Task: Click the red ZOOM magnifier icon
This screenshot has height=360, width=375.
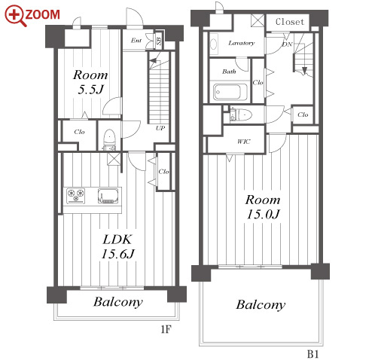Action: point(14,15)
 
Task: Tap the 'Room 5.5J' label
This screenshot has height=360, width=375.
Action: point(90,82)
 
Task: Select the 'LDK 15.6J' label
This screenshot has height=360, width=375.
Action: point(117,247)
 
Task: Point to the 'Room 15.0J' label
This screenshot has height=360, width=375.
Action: point(263,207)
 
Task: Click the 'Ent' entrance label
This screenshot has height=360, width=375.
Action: point(136,40)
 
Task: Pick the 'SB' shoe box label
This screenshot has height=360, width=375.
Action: point(159,40)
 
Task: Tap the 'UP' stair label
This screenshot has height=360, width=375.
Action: point(160,128)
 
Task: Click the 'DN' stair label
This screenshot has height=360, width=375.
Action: point(287,44)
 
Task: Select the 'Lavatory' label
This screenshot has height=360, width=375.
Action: point(242,43)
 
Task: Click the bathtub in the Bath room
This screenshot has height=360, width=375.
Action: point(230,92)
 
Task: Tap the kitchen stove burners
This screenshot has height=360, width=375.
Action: point(76,196)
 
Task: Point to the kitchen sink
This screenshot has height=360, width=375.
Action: point(108,196)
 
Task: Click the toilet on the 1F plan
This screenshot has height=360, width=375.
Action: point(109,140)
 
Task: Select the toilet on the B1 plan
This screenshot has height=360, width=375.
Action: point(241,115)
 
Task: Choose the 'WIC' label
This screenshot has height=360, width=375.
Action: point(243,142)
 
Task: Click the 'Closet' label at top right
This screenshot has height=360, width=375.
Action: point(290,22)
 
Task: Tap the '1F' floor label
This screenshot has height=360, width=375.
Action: point(166,329)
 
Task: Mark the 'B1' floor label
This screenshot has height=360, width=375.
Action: point(313,354)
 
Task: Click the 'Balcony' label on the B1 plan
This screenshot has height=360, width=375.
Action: point(261,305)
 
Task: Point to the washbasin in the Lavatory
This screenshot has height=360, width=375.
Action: point(214,44)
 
